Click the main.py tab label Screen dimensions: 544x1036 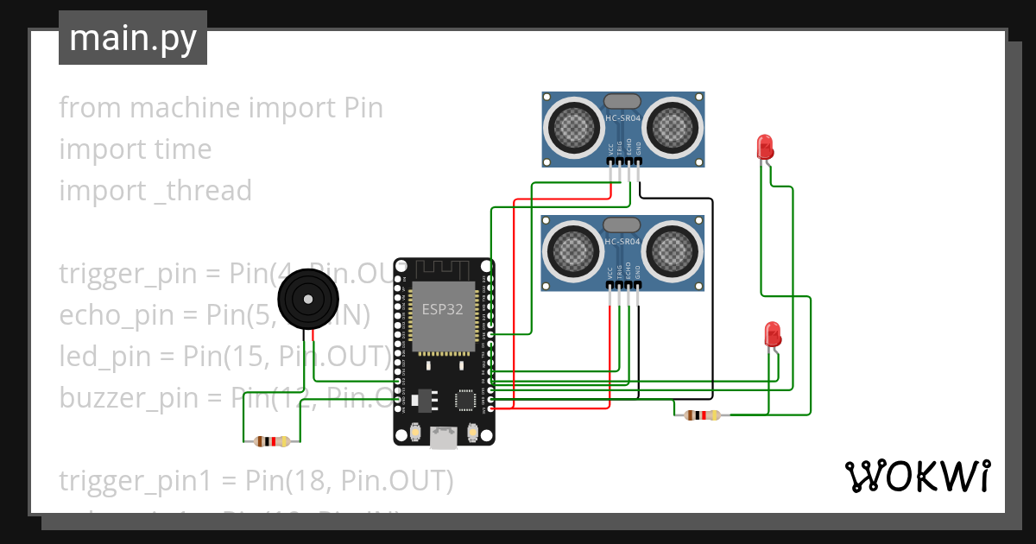132,38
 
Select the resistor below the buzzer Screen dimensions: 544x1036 272,441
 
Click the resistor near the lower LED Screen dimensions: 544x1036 701,415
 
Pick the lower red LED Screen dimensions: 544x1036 773,333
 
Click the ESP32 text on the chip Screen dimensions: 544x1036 443,309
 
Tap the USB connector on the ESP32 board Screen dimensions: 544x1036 445,439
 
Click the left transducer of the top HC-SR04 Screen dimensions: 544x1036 572,128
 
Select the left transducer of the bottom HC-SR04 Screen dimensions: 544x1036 572,251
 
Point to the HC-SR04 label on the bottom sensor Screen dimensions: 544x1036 622,243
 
